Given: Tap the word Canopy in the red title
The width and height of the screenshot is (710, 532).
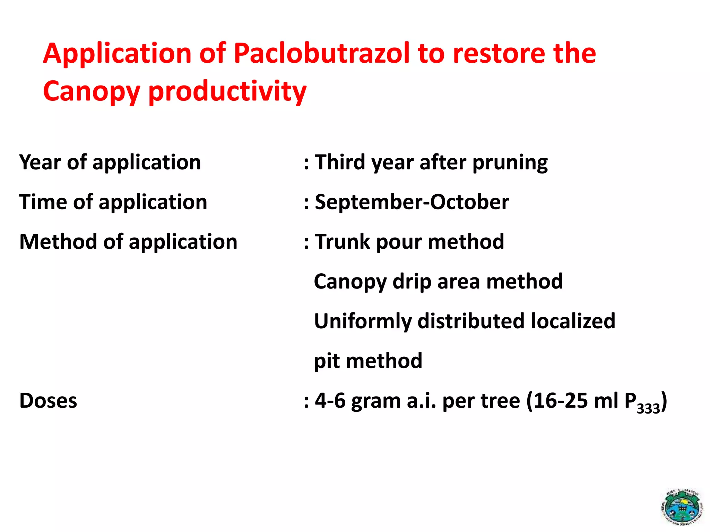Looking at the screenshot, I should [91, 91].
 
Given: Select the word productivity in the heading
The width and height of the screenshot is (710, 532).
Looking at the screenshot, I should [227, 91].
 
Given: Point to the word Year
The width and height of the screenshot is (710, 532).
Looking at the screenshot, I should [40, 162].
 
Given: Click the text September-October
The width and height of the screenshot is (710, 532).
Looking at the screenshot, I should [412, 202].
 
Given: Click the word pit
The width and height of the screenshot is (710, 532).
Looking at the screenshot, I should [326, 361].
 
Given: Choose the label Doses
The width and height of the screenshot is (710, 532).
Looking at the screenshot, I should [48, 401].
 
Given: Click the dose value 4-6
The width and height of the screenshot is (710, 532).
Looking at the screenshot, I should [330, 401].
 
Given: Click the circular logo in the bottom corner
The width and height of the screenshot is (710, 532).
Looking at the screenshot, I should [682, 506].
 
